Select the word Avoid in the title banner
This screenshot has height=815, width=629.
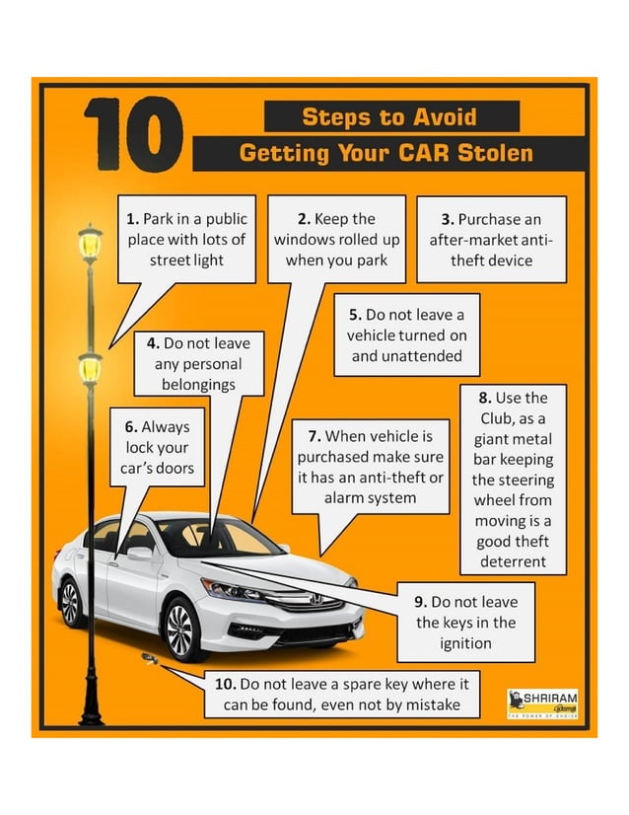(443, 117)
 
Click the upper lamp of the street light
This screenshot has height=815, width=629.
(90, 243)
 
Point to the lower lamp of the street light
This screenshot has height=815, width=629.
(90, 368)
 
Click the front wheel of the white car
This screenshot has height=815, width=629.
(182, 628)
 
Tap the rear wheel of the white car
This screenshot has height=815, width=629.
(71, 602)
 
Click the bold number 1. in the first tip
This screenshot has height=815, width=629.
(133, 218)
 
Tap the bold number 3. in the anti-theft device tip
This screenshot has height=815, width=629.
(447, 218)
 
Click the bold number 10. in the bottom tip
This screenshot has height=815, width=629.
(226, 683)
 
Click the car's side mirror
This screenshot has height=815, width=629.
(141, 555)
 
